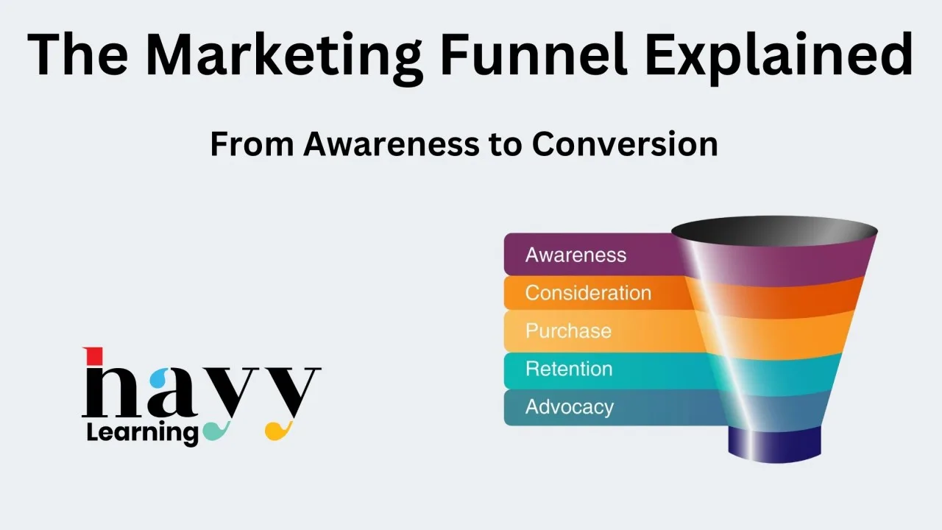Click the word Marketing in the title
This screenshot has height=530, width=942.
point(284,57)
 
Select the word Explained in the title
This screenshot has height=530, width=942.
point(779,57)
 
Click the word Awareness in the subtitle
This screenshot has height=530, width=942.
point(391,144)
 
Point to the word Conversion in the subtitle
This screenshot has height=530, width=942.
point(625,144)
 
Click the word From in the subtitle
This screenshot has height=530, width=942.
point(252,144)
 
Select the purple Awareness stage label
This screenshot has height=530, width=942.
point(576,255)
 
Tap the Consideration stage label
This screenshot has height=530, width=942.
point(588,293)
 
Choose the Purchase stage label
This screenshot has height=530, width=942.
point(568,331)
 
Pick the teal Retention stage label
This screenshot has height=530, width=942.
point(569,369)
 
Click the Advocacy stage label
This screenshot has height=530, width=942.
point(570,408)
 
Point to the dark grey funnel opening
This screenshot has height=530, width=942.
point(774,231)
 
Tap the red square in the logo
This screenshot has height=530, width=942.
point(94,356)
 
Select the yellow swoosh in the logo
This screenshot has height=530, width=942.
point(278,431)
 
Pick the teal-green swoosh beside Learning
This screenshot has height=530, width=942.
point(216,431)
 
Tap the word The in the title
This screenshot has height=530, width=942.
point(78,54)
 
